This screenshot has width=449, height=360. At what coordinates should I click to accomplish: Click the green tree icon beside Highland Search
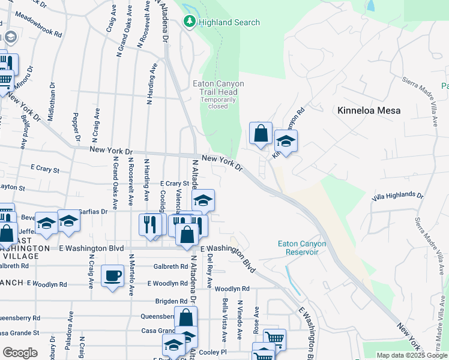point(190,22)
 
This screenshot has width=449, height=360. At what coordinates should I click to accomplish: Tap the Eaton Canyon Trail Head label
point(214,88)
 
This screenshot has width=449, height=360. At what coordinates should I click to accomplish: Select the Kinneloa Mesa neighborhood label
point(369,110)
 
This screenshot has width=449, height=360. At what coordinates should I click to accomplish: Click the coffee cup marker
point(112,276)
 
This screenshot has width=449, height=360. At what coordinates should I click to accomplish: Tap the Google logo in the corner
point(20,352)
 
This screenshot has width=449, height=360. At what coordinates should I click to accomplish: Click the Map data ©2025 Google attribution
point(412,355)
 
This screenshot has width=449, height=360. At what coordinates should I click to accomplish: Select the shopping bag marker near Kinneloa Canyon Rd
point(261,134)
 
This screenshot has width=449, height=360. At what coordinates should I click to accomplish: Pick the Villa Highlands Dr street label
point(397,196)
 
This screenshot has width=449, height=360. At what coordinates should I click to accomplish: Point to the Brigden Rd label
point(172,301)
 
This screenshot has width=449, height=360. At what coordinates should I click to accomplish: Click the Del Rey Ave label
point(209,270)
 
